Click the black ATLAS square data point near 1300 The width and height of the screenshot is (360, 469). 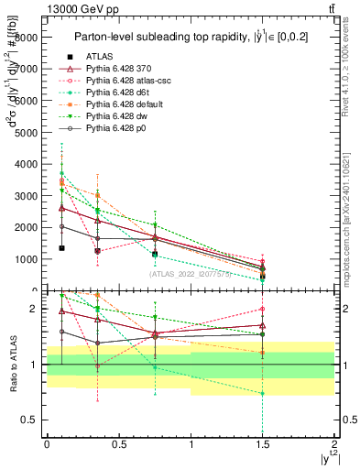(x=61, y=248)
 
